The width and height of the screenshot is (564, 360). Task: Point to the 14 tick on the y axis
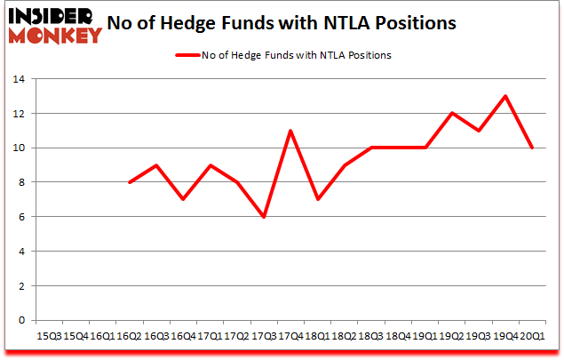point(19,80)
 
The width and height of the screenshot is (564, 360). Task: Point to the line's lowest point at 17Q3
point(263,217)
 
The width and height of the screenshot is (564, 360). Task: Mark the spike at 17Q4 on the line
point(290,131)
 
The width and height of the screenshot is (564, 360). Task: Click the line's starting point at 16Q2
point(131,182)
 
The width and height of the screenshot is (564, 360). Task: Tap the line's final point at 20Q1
point(532,148)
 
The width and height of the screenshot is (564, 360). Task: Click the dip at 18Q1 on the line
point(317,199)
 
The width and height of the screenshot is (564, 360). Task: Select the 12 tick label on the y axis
point(19,114)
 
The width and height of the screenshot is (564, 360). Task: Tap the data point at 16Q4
point(182,199)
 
